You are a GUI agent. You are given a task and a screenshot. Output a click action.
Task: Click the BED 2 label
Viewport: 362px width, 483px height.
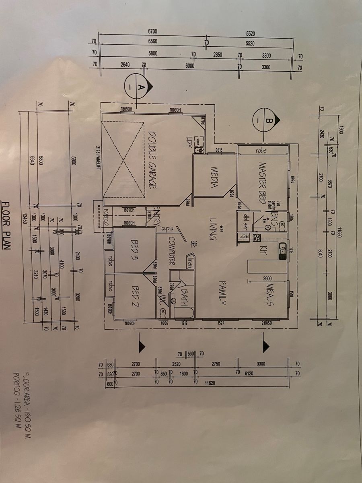pos(135,296)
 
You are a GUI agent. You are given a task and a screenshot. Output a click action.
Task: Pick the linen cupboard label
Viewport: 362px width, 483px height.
pos(189,262)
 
